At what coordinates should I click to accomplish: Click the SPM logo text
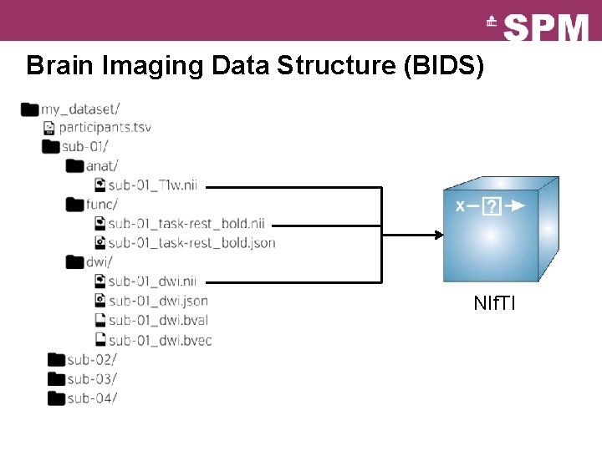tap(546, 28)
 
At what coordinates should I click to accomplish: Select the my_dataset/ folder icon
tap(30, 109)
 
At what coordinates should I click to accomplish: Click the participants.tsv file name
tap(105, 128)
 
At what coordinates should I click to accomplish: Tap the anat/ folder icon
tap(75, 165)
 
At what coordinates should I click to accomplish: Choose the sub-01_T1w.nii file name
tap(153, 185)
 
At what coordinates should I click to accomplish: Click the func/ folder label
tap(102, 204)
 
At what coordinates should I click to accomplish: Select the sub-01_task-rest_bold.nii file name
tap(186, 223)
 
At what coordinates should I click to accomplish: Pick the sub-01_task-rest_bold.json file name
tap(191, 243)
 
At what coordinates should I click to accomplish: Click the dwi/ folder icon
tap(75, 262)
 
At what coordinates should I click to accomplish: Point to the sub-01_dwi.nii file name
tap(152, 281)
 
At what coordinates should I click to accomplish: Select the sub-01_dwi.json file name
tap(158, 301)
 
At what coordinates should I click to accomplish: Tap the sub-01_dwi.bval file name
tap(158, 320)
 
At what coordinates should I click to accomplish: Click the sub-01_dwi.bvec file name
tap(160, 340)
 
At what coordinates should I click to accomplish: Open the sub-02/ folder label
tap(92, 359)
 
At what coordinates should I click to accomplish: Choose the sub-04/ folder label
tap(92, 398)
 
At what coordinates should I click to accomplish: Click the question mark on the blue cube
tap(492, 205)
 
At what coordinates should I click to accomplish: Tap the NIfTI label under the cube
tap(494, 303)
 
